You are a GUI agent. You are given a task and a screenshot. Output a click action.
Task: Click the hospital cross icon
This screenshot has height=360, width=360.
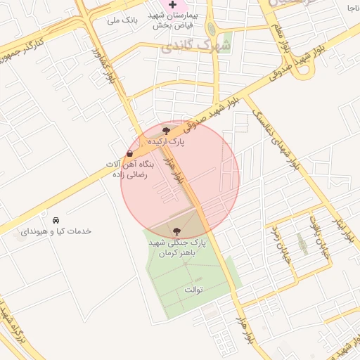(172, 5)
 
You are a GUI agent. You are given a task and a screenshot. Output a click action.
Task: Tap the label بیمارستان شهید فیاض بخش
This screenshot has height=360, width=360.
(190, 20)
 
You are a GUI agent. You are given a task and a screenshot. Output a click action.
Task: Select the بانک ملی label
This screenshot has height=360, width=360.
(121, 20)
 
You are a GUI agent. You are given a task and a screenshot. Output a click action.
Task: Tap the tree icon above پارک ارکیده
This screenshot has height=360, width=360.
(166, 131)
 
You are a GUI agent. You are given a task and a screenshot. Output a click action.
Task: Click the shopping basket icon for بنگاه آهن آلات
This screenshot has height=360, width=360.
(130, 153)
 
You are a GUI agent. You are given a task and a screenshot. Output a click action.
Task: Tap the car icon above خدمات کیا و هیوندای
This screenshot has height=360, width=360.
(56, 219)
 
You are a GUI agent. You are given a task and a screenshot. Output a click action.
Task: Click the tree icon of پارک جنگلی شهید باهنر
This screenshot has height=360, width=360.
(176, 231)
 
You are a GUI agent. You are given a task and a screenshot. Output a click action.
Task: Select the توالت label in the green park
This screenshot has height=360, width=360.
(193, 289)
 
